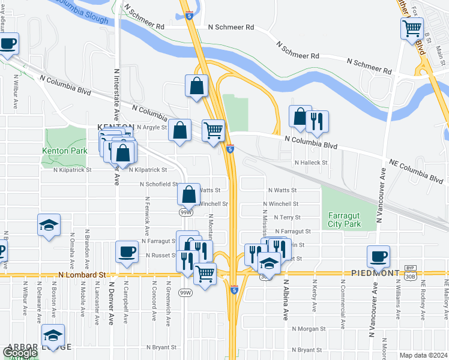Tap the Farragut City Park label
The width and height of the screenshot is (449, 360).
pyautogui.click(x=344, y=220)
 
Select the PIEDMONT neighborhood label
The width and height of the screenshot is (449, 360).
pyautogui.click(x=377, y=273)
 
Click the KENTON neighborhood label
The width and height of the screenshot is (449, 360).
pyautogui.click(x=112, y=127)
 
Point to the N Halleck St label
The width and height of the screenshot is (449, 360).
pyautogui.click(x=311, y=163)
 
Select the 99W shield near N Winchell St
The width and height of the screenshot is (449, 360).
pyautogui.click(x=187, y=212)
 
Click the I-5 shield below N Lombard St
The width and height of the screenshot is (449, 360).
pyautogui.click(x=234, y=290)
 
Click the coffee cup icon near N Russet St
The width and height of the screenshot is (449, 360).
pyautogui.click(x=127, y=251)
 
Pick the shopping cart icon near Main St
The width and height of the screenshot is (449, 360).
pyautogui.click(x=412, y=28)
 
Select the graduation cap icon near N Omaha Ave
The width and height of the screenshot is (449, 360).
pyautogui.click(x=49, y=225)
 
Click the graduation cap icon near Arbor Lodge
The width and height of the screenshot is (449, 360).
pyautogui.click(x=53, y=336)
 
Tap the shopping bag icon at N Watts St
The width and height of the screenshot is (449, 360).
pyautogui.click(x=188, y=193)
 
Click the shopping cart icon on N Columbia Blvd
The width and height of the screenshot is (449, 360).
pyautogui.click(x=214, y=129)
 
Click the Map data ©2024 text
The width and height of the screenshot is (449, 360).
pyautogui.click(x=424, y=355)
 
